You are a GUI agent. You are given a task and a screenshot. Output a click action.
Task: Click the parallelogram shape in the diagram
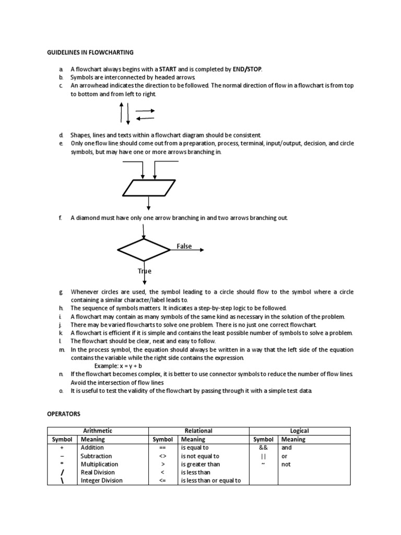tap(149, 187)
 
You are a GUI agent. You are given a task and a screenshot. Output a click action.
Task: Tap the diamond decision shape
tap(144, 250)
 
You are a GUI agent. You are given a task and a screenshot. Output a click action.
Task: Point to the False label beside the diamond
tap(184, 246)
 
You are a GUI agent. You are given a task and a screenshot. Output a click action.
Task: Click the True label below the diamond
tap(145, 271)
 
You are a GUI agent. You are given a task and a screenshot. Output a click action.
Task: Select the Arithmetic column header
tap(98, 431)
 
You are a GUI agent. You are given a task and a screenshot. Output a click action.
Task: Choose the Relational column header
tap(198, 431)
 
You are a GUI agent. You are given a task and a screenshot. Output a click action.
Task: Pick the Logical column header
tap(300, 431)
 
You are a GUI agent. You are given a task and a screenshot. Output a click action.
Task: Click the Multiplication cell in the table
tap(99, 464)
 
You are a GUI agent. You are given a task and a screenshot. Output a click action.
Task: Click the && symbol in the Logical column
tap(263, 448)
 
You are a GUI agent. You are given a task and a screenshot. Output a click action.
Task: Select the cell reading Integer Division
tap(102, 481)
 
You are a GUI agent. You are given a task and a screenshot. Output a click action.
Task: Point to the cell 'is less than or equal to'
tap(210, 481)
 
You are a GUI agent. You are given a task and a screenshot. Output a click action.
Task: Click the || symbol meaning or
tap(263, 456)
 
